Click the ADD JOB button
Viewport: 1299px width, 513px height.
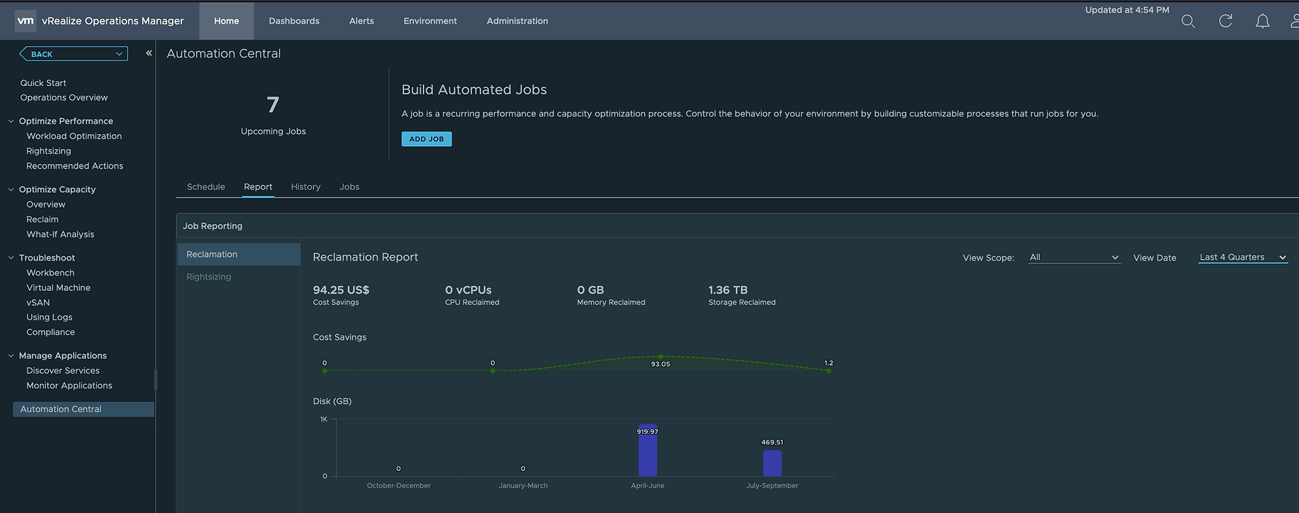point(426,139)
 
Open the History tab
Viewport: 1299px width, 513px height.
point(306,187)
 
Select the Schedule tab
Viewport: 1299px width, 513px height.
point(206,187)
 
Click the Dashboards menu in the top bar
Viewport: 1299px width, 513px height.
point(294,21)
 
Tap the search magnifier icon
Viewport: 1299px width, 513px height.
point(1188,21)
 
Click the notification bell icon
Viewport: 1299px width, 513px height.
point(1262,21)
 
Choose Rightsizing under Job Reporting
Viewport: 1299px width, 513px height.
point(209,277)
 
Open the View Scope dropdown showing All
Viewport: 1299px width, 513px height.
point(1074,257)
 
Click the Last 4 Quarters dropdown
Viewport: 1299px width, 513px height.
point(1243,257)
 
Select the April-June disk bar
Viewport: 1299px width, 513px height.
point(647,451)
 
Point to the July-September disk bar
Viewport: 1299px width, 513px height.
point(772,464)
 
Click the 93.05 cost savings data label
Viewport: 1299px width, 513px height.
point(660,364)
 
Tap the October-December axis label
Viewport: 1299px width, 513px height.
point(398,485)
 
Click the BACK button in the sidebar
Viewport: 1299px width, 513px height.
point(73,54)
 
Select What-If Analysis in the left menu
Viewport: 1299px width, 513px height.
point(60,234)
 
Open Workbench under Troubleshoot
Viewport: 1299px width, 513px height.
point(50,273)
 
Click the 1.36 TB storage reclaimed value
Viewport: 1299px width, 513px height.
point(728,290)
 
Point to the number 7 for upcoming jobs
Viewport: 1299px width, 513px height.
point(273,105)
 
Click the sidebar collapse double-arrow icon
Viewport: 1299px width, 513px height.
point(149,53)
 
